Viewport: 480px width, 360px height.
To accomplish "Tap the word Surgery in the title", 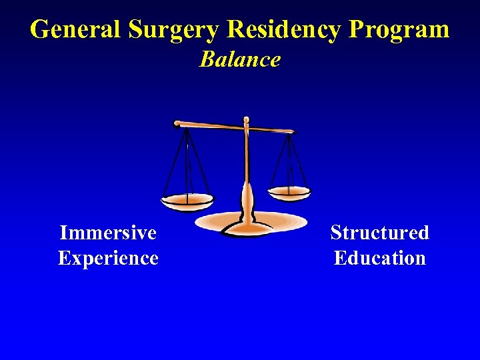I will [174, 31].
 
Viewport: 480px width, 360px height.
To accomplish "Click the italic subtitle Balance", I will [240, 59].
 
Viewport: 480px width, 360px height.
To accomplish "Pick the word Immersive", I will [108, 233].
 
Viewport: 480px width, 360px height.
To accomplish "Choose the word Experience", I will [108, 258].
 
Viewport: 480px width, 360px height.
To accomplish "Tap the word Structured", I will [379, 233].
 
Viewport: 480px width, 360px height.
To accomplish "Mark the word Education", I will [379, 258].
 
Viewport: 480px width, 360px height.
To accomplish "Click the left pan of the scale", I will [187, 200].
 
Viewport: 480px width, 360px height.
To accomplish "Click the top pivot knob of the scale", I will [246, 121].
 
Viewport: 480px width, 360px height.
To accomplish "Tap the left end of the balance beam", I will [177, 123].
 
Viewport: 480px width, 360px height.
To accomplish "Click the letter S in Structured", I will [336, 233].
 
